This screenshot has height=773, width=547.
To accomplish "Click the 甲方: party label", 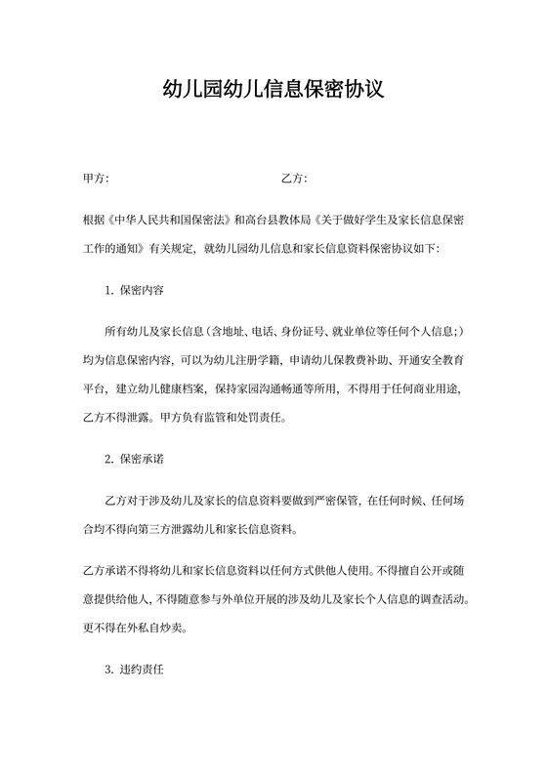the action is pyautogui.click(x=96, y=179).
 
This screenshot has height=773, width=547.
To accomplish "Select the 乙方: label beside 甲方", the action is pyautogui.click(x=294, y=179).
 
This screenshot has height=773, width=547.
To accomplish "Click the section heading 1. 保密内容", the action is pyautogui.click(x=134, y=290).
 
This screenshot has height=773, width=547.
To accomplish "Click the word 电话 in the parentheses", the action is pyautogui.click(x=262, y=332).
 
